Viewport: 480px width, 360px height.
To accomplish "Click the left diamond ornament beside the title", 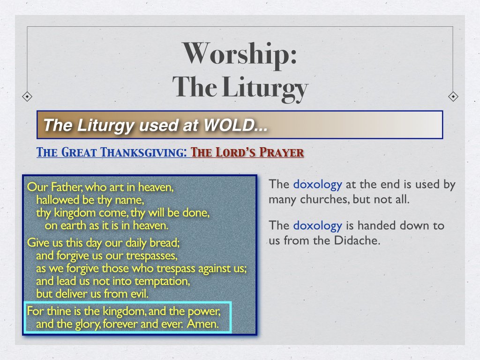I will (x=28, y=97).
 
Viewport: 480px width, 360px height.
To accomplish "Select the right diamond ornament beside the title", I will (x=453, y=97).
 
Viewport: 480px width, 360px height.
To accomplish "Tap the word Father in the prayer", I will (x=63, y=187).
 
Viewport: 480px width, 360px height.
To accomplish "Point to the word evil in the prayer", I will (x=138, y=295).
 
